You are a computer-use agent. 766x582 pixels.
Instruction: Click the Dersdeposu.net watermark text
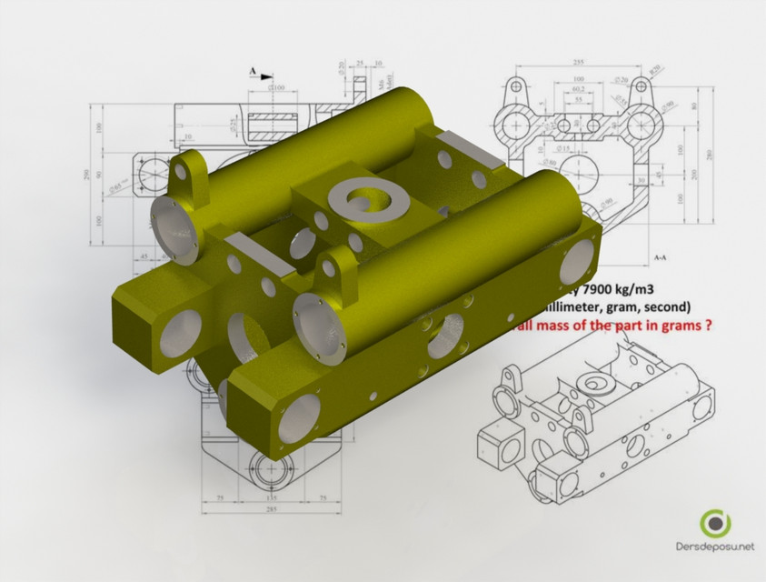coord(717,547)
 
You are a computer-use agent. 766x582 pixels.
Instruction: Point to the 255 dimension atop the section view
coord(578,63)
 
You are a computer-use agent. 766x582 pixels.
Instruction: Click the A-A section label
coord(662,257)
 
